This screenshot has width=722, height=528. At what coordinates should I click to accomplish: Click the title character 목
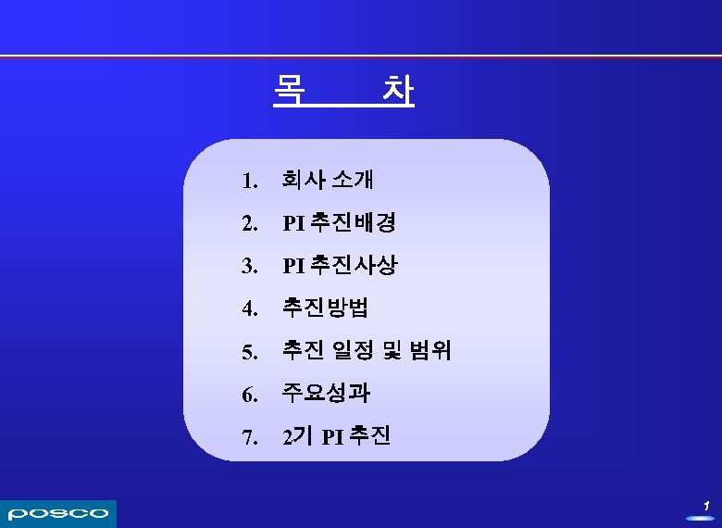[290, 89]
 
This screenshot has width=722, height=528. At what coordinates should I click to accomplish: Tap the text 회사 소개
[328, 179]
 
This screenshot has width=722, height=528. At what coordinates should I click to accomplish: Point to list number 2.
[248, 224]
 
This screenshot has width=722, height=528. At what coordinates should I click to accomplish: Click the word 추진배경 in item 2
[354, 222]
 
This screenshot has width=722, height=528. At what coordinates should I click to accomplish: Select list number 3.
[248, 267]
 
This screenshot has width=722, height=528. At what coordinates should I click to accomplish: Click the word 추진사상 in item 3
[354, 266]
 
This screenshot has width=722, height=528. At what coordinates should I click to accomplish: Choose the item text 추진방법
[325, 308]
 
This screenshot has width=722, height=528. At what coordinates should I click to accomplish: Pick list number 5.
[248, 353]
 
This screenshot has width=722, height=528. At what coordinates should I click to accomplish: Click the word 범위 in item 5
[429, 351]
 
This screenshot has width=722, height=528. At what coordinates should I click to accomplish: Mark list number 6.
[248, 396]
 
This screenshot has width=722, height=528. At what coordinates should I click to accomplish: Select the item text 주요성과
[326, 394]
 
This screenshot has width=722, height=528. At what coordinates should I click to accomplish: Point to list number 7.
[248, 438]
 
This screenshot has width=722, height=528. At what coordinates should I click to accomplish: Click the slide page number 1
[705, 506]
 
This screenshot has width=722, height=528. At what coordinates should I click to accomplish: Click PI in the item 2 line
[293, 223]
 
